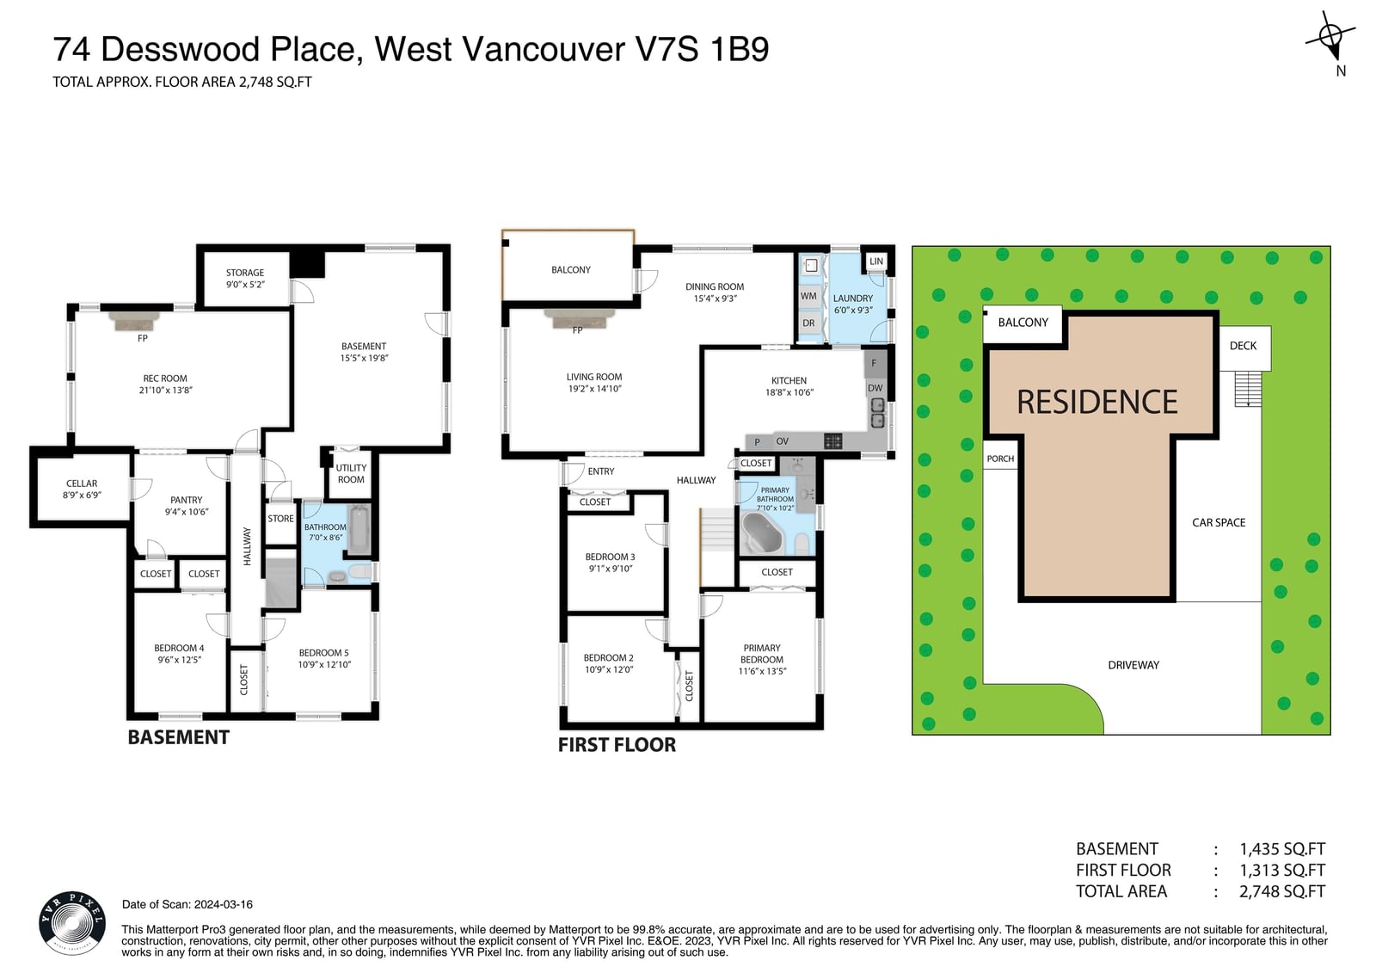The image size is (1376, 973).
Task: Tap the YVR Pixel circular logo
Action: pyautogui.click(x=72, y=923)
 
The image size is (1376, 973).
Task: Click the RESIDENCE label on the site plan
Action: pyautogui.click(x=1097, y=402)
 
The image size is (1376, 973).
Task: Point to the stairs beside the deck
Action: pyautogui.click(x=1248, y=389)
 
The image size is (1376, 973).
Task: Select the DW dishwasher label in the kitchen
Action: pyautogui.click(x=875, y=388)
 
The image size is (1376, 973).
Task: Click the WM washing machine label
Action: pyautogui.click(x=808, y=296)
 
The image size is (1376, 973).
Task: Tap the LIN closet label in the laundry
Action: pyautogui.click(x=876, y=262)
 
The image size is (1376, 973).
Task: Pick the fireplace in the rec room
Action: pyautogui.click(x=134, y=320)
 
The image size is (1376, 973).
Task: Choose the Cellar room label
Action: pyautogui.click(x=82, y=489)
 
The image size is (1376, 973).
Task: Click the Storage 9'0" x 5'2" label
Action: pyautogui.click(x=245, y=279)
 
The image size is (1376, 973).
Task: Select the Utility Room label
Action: pyautogui.click(x=351, y=473)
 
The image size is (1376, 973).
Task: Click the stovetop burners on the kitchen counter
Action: pyautogui.click(x=833, y=440)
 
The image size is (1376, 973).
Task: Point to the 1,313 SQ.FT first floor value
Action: pyautogui.click(x=1282, y=871)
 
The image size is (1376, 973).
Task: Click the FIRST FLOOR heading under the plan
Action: pyautogui.click(x=617, y=745)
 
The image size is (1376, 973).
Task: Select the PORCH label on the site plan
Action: pyautogui.click(x=1000, y=459)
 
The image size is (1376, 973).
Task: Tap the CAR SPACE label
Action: pyautogui.click(x=1219, y=522)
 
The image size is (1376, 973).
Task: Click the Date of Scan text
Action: pyautogui.click(x=187, y=904)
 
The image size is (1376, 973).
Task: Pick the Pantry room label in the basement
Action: pyautogui.click(x=186, y=506)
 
